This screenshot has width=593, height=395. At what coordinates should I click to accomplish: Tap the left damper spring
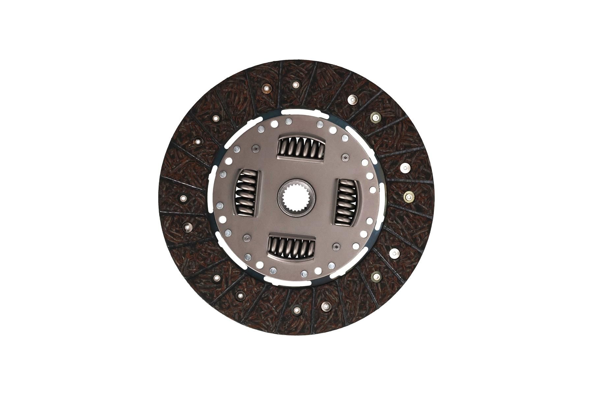tap(247, 197)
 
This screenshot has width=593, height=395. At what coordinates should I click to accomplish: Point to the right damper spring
tap(346, 201)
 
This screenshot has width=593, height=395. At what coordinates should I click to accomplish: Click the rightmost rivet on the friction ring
tap(409, 197)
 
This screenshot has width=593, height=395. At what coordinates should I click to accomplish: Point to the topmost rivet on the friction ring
tap(295, 85)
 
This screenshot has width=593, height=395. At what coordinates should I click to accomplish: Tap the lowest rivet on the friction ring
tap(296, 310)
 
